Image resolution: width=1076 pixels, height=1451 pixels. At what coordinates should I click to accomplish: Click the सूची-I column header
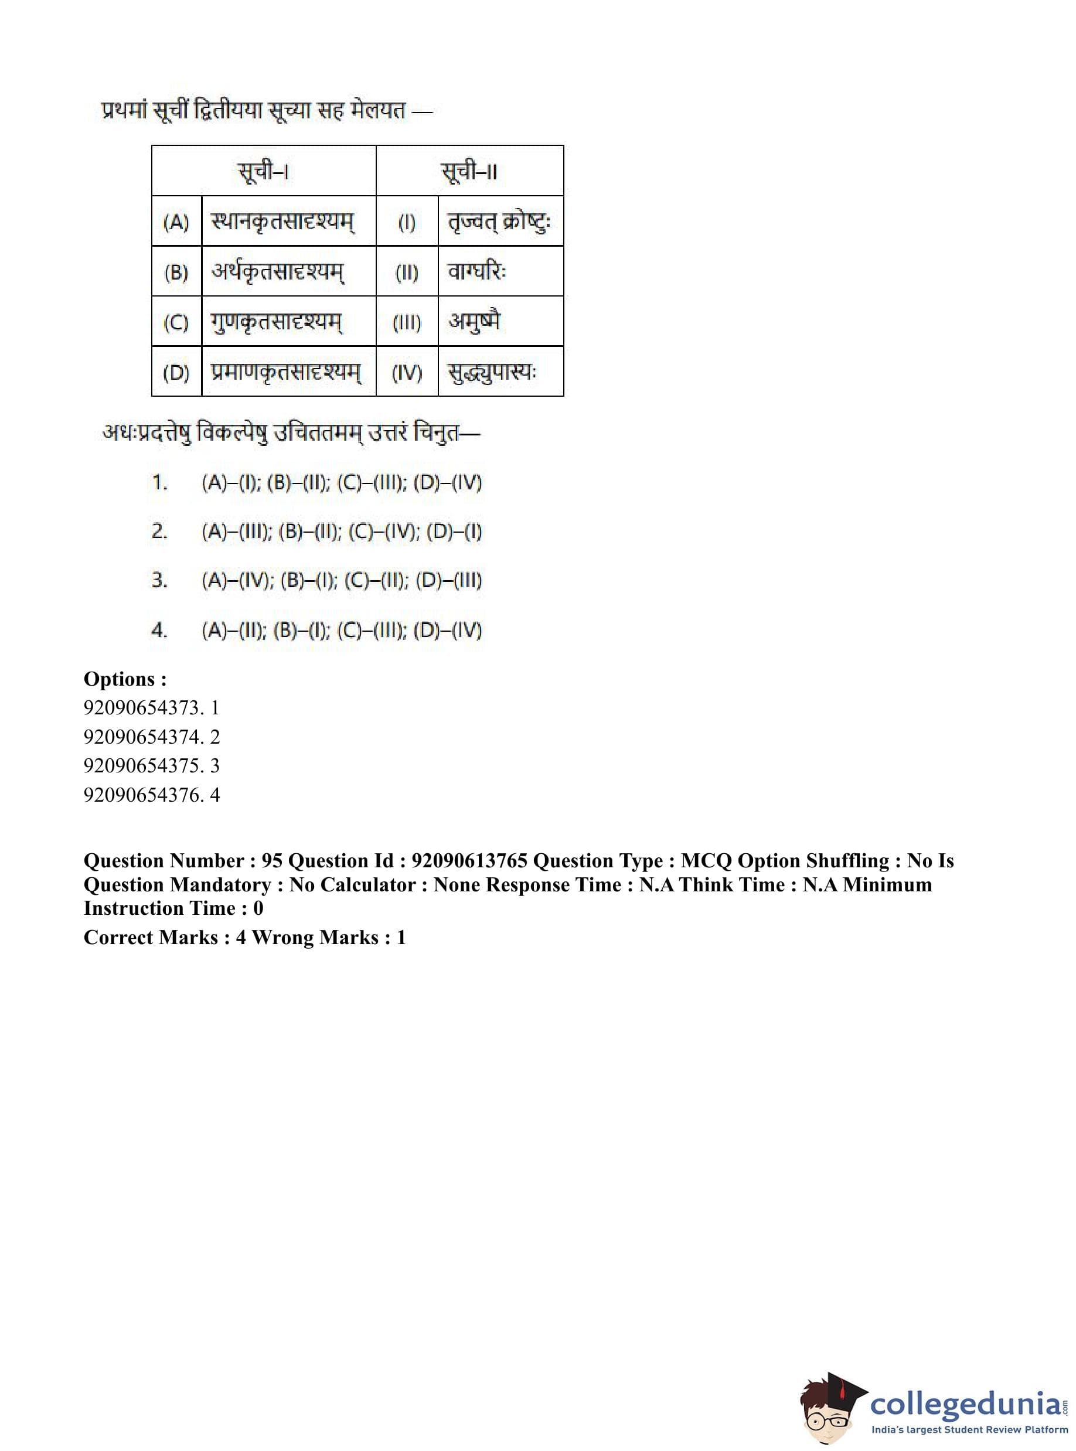pyautogui.click(x=263, y=171)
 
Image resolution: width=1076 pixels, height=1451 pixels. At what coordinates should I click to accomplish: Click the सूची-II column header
pyautogui.click(x=469, y=171)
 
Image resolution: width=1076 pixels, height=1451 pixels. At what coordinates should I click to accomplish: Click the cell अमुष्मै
pyautogui.click(x=474, y=322)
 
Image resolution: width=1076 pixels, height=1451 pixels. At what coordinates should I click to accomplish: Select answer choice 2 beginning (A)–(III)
pyautogui.click(x=341, y=532)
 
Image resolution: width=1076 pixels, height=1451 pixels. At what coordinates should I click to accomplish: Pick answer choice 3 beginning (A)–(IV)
pyautogui.click(x=341, y=580)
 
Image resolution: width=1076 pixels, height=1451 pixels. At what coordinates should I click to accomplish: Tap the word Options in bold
pyautogui.click(x=120, y=679)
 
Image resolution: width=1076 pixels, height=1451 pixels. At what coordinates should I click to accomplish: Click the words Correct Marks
pyautogui.click(x=151, y=937)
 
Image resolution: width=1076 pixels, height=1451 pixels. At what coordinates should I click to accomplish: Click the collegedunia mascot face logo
pyautogui.click(x=830, y=1410)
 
